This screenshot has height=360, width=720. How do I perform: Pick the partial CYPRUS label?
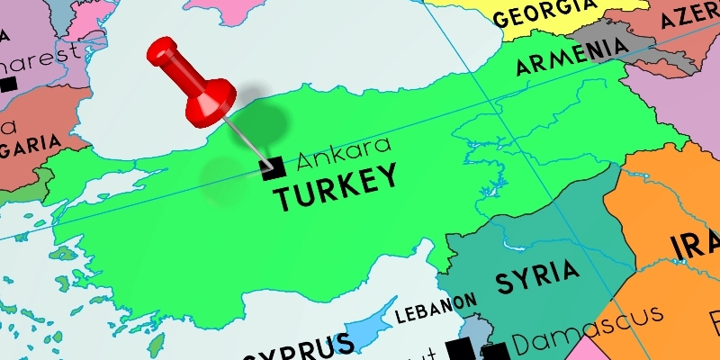(x=297, y=347)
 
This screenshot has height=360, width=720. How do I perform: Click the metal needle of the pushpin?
(x=247, y=139)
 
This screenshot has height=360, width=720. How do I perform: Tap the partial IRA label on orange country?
(x=694, y=244)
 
